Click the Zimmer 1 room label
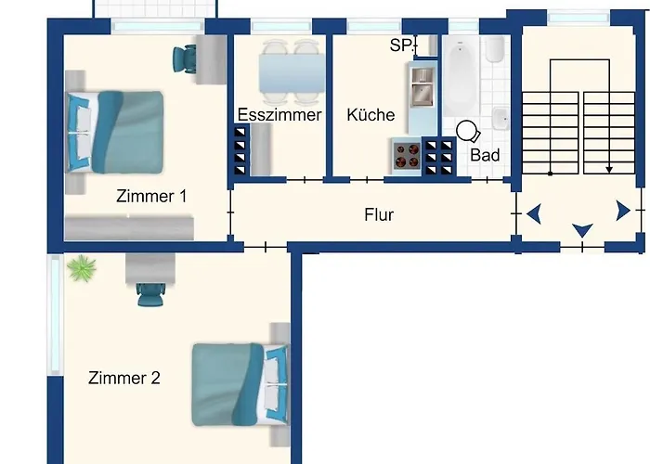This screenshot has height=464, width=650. pyautogui.click(x=151, y=196)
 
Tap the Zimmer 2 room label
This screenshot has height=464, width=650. pyautogui.click(x=123, y=378)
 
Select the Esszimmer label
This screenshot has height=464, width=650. pyautogui.click(x=279, y=115)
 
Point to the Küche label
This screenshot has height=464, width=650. pyautogui.click(x=370, y=115)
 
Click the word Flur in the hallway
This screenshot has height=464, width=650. pyautogui.click(x=379, y=214)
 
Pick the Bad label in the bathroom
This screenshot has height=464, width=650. pyautogui.click(x=485, y=155)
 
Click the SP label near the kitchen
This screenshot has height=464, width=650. pyautogui.click(x=401, y=45)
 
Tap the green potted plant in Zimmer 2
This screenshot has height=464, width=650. pyautogui.click(x=82, y=268)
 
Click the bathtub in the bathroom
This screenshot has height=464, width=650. pyautogui.click(x=461, y=75)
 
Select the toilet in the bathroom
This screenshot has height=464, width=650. pyautogui.click(x=495, y=49)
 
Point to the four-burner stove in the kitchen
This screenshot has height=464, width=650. pyautogui.click(x=407, y=156)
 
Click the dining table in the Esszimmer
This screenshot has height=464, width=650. pyautogui.click(x=292, y=73)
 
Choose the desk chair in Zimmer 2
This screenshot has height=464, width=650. pyautogui.click(x=150, y=294)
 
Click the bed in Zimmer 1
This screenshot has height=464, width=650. pyautogui.click(x=114, y=132)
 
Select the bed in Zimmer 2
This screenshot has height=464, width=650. pyautogui.click(x=240, y=384)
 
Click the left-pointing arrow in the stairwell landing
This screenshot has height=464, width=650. pyautogui.click(x=534, y=213)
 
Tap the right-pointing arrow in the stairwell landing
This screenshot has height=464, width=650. pyautogui.click(x=623, y=211)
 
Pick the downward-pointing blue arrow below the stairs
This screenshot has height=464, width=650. pyautogui.click(x=582, y=230)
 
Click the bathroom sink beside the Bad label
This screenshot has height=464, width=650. pyautogui.click(x=500, y=119)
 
